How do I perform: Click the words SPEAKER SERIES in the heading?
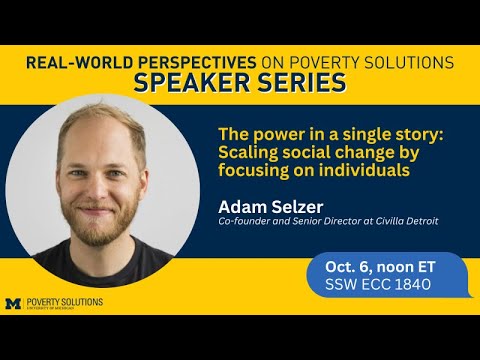tap(240, 84)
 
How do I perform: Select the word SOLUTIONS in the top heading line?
tap(405, 62)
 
